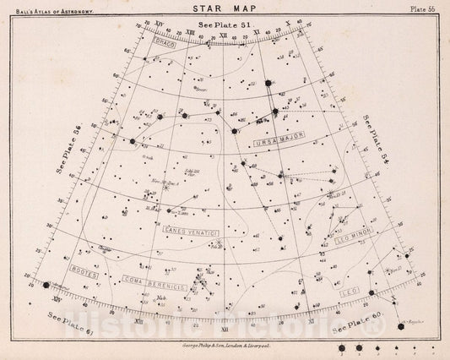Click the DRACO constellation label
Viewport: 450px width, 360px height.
click(165, 43)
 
